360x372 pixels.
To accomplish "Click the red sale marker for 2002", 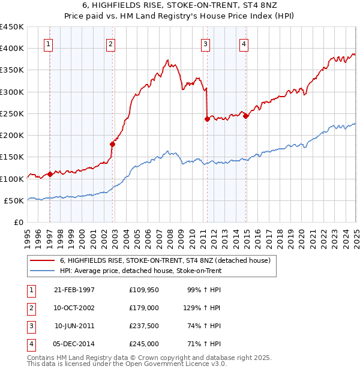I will (x=112, y=144).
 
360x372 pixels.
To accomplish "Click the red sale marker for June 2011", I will (x=207, y=119).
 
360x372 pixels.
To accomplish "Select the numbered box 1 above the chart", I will (x=47, y=43).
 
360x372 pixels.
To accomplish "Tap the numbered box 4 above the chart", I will (x=244, y=43).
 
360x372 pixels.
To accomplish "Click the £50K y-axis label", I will (x=14, y=200).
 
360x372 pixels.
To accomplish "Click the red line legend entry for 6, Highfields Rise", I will (x=165, y=260).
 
